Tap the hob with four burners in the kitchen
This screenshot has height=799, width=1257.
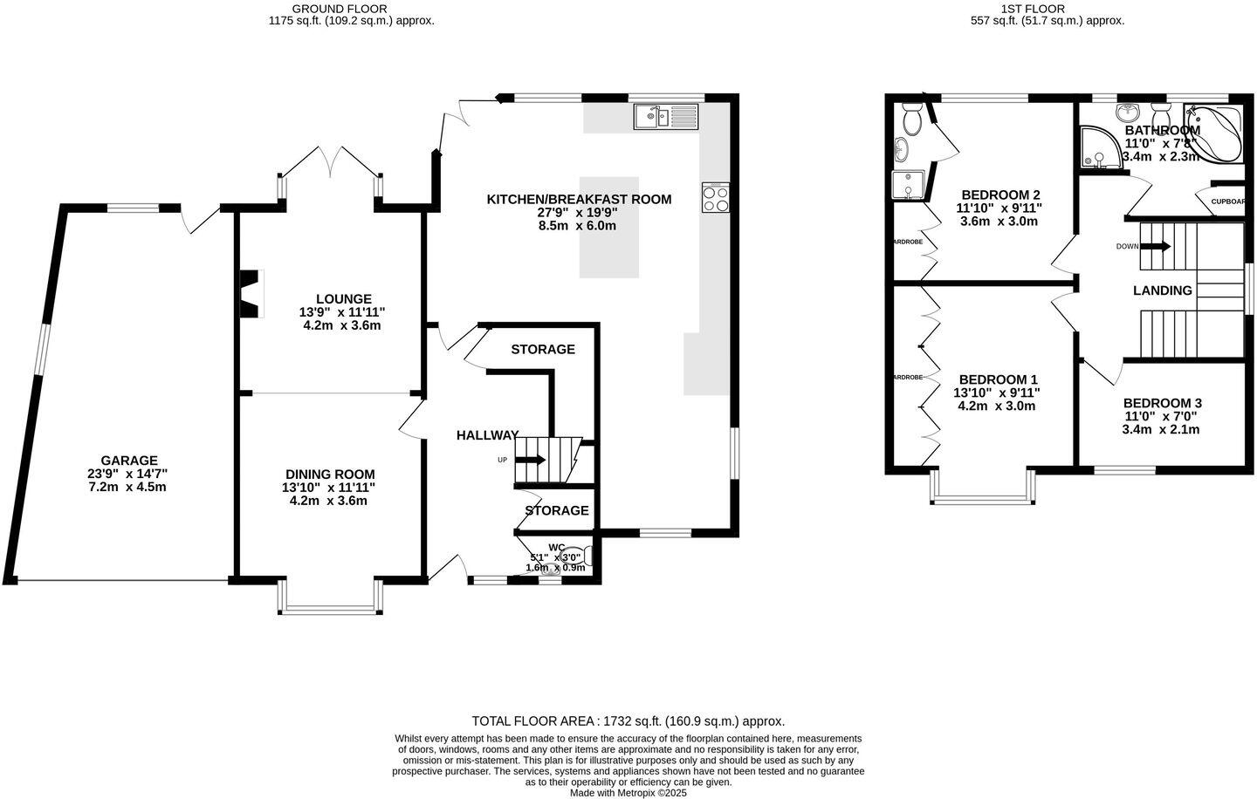(716, 197)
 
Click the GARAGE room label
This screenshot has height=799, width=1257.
(128, 461)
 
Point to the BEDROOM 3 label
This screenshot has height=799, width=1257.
(1162, 403)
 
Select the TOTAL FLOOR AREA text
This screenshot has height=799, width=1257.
(628, 721)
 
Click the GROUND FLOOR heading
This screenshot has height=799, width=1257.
(351, 8)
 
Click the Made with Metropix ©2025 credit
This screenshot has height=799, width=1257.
(628, 793)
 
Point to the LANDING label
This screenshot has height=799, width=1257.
(1162, 290)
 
